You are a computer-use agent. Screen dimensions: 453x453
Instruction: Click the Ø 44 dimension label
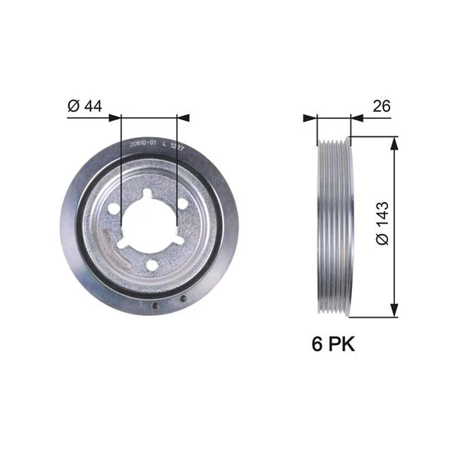pos(84,106)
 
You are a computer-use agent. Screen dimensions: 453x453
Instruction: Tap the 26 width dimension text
pos(382,107)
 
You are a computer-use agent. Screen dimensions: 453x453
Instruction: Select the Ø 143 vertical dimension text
pos(383,223)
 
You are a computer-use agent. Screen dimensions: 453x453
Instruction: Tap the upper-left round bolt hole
pos(113,208)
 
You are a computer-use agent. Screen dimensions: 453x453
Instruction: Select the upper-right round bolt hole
pos(184,204)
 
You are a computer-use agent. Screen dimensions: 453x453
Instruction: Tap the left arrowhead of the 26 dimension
pos(310,118)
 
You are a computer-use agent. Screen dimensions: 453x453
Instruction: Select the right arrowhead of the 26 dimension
pos(356,118)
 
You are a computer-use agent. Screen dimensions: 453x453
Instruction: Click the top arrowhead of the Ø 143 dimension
pos(394,144)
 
